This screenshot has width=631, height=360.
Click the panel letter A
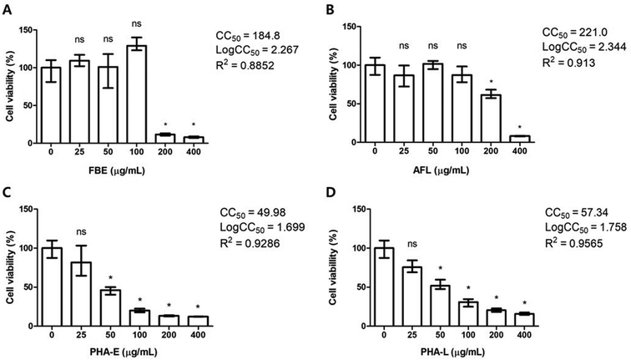[7, 8]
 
